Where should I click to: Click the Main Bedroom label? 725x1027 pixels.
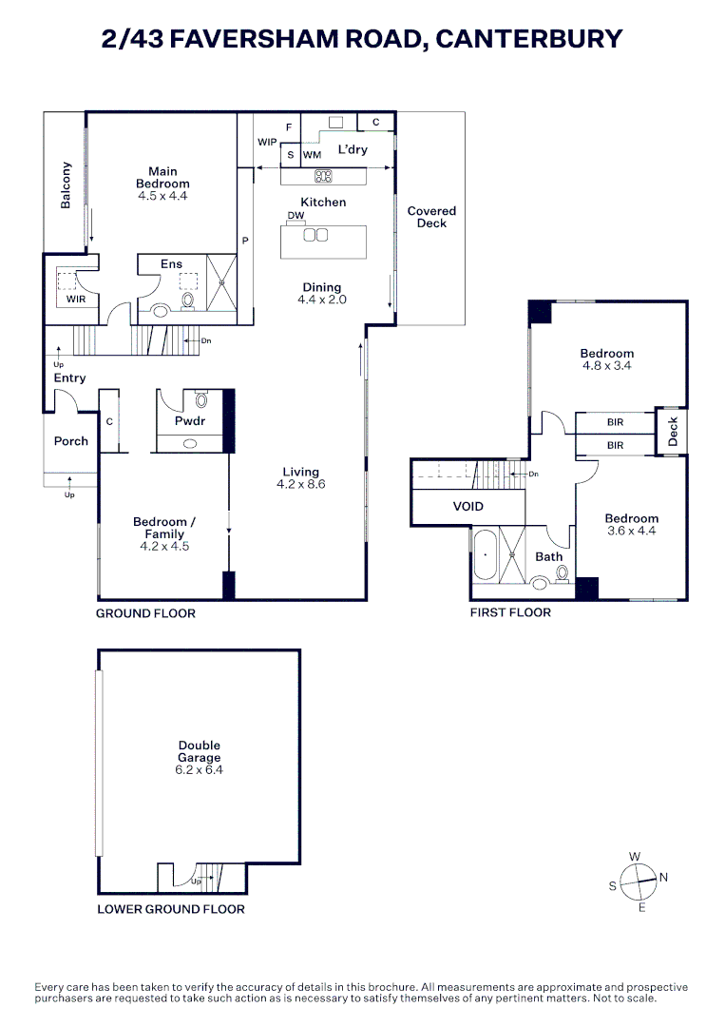(x=162, y=178)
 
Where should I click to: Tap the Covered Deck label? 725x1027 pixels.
(x=431, y=217)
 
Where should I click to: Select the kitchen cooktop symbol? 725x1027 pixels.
(x=323, y=176)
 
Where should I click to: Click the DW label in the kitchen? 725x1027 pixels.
(x=296, y=215)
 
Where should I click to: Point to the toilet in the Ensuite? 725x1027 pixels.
(x=188, y=300)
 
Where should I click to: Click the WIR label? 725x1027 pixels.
(x=76, y=299)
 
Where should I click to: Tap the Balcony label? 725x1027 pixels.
(x=66, y=185)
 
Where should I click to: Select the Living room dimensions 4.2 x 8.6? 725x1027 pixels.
(x=300, y=484)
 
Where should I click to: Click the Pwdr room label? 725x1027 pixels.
(x=190, y=420)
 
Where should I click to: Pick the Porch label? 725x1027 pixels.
(x=70, y=441)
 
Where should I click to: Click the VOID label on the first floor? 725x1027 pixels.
(x=467, y=506)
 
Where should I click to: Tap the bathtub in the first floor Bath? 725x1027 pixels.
(x=485, y=554)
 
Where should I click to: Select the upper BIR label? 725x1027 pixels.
(x=615, y=422)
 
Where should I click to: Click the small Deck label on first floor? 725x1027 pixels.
(x=673, y=432)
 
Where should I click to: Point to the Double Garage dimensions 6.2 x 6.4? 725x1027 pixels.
(x=199, y=769)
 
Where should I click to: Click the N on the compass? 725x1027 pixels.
(x=663, y=877)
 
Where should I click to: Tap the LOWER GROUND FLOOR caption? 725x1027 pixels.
(x=171, y=909)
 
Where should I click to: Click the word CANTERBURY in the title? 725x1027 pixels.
(x=528, y=39)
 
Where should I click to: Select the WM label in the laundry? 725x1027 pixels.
(x=312, y=155)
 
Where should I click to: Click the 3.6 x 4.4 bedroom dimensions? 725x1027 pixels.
(x=632, y=531)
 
